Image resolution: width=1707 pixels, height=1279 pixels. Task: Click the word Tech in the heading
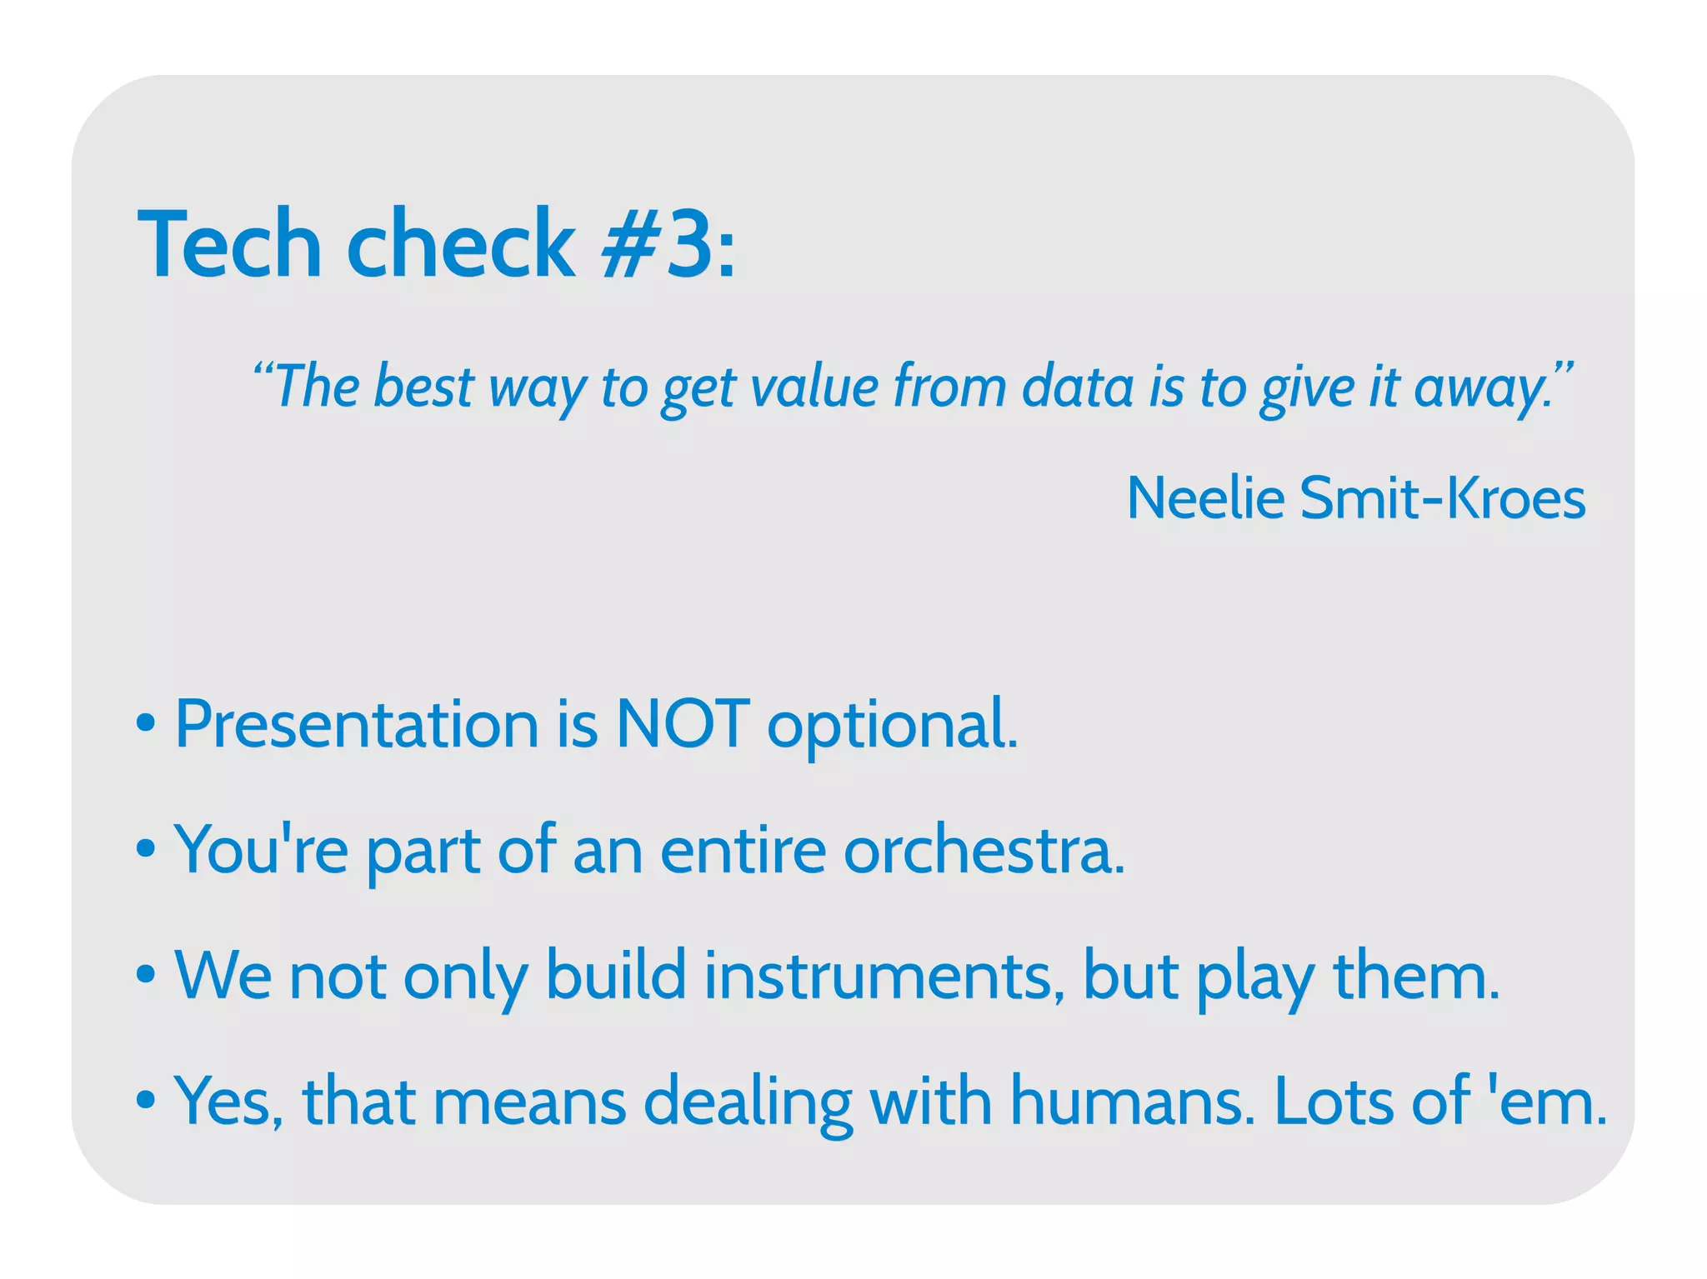230,245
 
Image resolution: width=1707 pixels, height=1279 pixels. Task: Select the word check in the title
460,245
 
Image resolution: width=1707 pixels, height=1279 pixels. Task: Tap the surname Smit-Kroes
1442,498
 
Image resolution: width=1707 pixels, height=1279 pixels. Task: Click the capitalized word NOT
682,723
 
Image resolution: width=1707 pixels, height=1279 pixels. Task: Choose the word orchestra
984,850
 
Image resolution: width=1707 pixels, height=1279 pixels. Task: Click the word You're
261,850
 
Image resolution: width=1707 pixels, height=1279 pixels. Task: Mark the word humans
1132,1102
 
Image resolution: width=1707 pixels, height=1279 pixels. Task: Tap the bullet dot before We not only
146,973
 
